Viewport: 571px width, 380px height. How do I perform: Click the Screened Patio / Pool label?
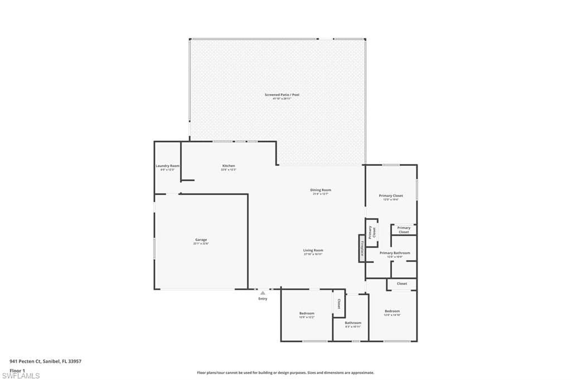(282, 95)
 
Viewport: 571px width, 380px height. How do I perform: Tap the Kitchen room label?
(229, 166)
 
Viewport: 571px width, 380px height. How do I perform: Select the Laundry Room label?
(167, 166)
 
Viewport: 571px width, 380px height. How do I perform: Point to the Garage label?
(201, 240)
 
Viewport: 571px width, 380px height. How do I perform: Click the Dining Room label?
(321, 190)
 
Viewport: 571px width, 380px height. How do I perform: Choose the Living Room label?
(313, 251)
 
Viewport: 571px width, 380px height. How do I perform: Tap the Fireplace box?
(362, 248)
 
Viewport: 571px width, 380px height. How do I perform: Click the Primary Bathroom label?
(395, 253)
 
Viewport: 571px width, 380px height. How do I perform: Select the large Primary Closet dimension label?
(390, 199)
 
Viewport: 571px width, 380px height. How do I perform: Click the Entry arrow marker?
(263, 293)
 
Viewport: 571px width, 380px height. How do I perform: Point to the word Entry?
(263, 299)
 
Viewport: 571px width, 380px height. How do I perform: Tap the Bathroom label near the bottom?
(353, 323)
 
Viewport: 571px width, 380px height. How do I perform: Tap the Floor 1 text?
(17, 370)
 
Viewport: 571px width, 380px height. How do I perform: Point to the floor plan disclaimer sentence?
(285, 373)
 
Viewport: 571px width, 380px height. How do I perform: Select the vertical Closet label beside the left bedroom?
(338, 304)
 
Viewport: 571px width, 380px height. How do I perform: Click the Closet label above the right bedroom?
(402, 284)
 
